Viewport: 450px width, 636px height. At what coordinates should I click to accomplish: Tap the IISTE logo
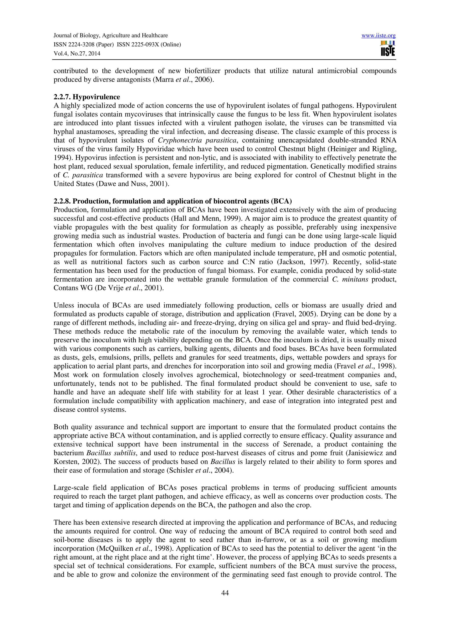coord(388,48)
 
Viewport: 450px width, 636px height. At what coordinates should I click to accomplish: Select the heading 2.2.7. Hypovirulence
coord(87,97)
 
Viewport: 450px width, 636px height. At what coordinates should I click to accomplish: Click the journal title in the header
coord(110,36)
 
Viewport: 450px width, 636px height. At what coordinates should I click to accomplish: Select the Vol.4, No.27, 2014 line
coord(77,54)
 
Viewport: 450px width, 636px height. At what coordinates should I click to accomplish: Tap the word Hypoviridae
coord(160,149)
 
